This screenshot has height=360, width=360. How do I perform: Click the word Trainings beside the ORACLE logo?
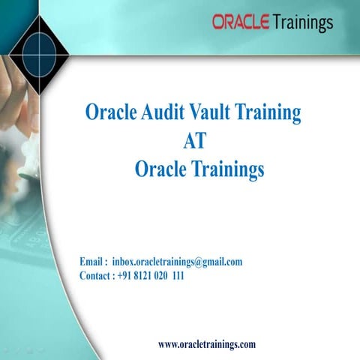click(x=302, y=23)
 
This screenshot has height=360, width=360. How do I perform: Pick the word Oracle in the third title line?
click(x=160, y=169)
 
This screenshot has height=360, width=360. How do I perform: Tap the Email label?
click(x=94, y=262)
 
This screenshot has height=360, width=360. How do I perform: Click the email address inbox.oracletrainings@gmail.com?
click(x=177, y=262)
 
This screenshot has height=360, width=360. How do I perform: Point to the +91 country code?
click(x=126, y=275)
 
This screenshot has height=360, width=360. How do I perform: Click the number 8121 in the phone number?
click(x=148, y=275)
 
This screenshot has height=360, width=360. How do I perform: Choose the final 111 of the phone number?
click(x=178, y=275)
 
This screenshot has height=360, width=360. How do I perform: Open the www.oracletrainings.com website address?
click(x=207, y=344)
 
